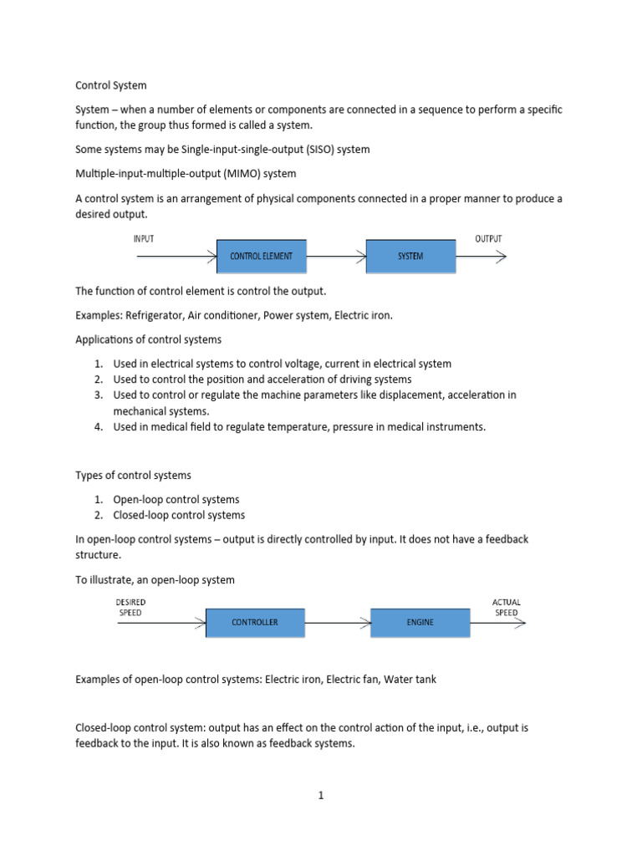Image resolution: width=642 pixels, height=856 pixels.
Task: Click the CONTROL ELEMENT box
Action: click(261, 257)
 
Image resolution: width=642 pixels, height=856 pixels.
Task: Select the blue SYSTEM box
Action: click(410, 257)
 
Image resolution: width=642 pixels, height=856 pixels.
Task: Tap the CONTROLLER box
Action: click(255, 623)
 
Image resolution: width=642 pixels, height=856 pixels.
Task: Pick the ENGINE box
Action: click(420, 623)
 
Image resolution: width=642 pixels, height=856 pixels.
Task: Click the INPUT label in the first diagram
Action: click(145, 238)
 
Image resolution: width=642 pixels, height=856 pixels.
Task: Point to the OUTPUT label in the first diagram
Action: click(489, 238)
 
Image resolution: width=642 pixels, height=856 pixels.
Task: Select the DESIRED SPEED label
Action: click(130, 607)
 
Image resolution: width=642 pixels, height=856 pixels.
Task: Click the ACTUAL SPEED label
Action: click(505, 607)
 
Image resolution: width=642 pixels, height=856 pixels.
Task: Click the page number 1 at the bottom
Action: click(320, 796)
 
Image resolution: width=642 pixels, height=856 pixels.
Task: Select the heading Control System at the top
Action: click(110, 85)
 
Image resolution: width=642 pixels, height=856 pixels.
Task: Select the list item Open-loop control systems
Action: click(176, 499)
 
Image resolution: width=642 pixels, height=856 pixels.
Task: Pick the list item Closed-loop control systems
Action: click(179, 515)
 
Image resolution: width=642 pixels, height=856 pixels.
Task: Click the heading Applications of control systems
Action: click(149, 340)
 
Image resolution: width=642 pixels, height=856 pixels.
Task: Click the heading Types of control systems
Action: click(133, 475)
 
